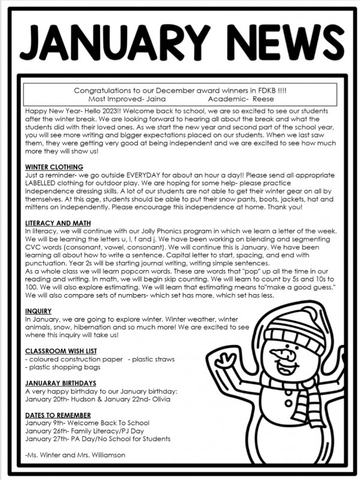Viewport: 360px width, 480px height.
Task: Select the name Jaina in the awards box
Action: (x=152, y=98)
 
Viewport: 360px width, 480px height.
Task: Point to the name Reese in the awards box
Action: (x=263, y=98)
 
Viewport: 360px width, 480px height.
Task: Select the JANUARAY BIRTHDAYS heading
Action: (x=61, y=383)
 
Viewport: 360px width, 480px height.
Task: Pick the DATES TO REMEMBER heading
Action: (x=58, y=415)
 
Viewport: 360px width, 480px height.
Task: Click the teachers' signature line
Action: (x=75, y=455)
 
